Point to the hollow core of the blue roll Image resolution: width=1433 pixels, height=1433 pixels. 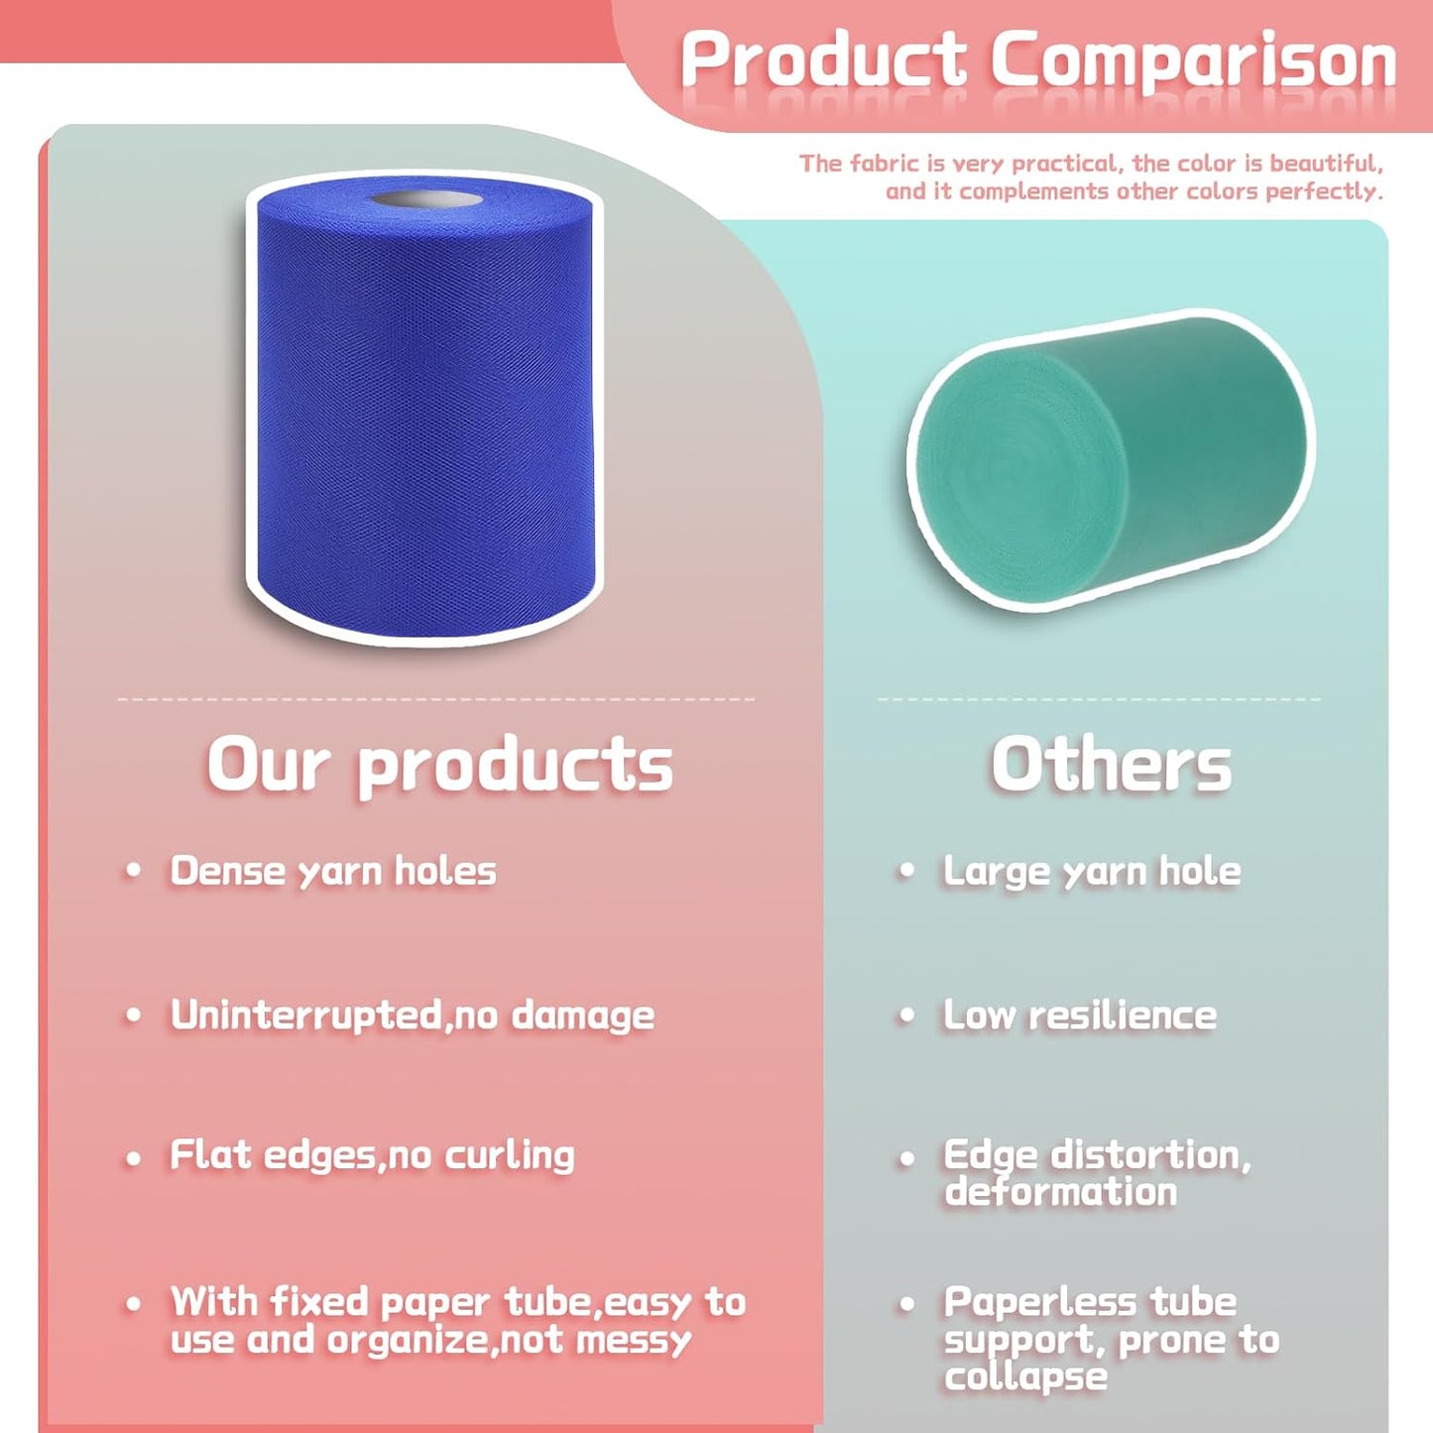(x=426, y=201)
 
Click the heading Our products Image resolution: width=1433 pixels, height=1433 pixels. (x=439, y=766)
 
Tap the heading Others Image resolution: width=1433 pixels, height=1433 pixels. (x=1111, y=766)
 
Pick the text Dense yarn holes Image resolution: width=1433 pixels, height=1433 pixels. (x=333, y=871)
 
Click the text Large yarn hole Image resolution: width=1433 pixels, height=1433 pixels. (x=1092, y=871)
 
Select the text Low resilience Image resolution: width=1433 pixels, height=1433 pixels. (x=1080, y=1015)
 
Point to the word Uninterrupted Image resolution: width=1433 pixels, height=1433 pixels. (x=305, y=1015)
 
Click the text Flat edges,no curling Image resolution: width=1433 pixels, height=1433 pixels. (x=372, y=1155)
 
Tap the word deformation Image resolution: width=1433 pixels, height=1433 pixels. (x=1060, y=1191)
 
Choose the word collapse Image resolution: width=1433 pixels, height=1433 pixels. (x=1025, y=1376)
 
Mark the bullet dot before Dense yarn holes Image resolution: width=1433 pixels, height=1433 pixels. (x=133, y=872)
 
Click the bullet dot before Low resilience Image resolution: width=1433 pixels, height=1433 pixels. (x=906, y=1015)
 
